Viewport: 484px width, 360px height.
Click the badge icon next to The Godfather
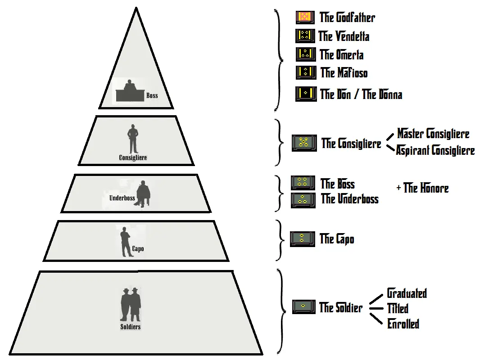click(305, 17)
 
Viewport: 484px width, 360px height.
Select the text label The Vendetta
click(344, 36)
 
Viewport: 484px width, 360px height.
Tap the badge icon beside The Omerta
click(306, 54)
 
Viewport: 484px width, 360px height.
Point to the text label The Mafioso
click(344, 73)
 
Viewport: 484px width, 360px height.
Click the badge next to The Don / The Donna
click(306, 94)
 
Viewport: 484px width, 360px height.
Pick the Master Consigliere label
click(433, 134)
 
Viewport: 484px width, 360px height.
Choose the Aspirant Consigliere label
click(435, 151)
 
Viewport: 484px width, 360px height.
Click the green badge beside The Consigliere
click(304, 143)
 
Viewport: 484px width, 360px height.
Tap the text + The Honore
click(423, 188)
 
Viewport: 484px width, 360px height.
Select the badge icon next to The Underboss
click(303, 200)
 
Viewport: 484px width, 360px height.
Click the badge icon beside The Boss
click(303, 183)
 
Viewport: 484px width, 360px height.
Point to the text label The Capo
click(337, 239)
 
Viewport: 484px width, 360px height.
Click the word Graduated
click(407, 293)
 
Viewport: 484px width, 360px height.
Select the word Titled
click(398, 308)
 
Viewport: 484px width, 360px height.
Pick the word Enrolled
click(403, 324)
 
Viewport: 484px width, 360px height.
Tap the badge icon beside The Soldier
click(304, 306)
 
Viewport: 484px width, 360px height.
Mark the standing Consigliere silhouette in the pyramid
click(133, 139)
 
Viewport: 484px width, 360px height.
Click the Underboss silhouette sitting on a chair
click(143, 194)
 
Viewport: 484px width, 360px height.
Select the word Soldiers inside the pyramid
click(130, 327)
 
